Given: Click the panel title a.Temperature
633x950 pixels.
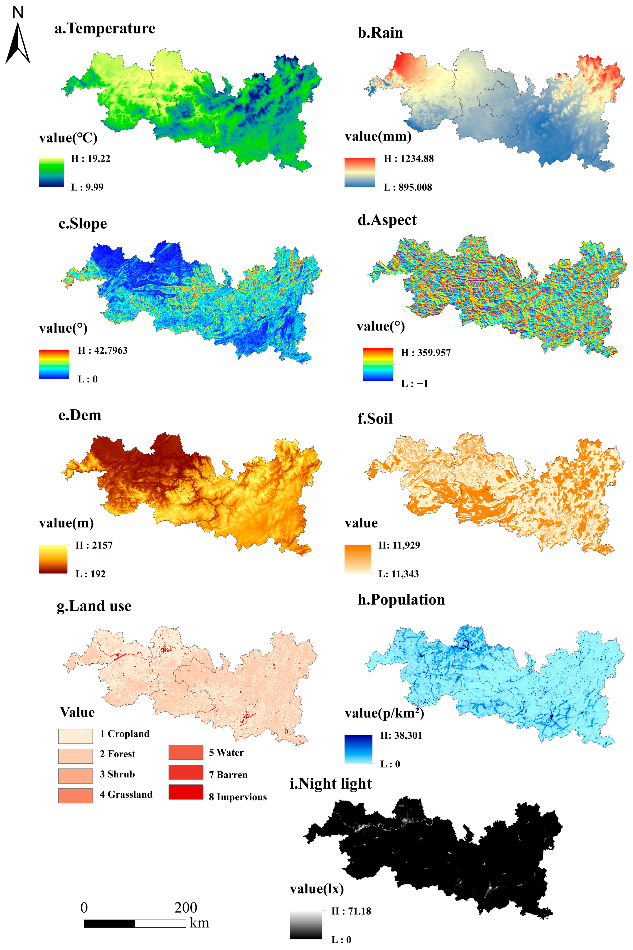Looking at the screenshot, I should click(x=105, y=29).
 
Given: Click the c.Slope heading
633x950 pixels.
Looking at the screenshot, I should click(x=83, y=224).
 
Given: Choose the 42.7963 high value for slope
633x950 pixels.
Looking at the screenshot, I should click(x=102, y=350).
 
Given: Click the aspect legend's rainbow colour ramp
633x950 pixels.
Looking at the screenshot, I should click(x=378, y=364).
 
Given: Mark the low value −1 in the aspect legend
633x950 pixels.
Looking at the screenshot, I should click(x=414, y=384).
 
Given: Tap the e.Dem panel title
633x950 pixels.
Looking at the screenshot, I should click(x=80, y=416).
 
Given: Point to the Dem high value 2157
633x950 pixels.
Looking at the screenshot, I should click(x=94, y=545).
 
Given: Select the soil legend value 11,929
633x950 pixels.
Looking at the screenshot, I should click(x=399, y=545).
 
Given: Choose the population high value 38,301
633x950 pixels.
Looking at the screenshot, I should click(x=401, y=736).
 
